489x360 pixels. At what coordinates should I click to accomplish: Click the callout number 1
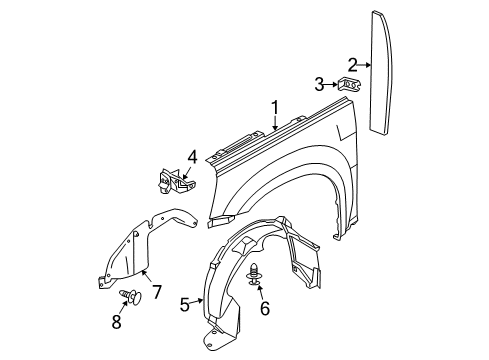click(272, 106)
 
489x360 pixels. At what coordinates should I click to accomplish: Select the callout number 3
click(318, 83)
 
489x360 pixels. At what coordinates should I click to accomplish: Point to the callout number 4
click(191, 157)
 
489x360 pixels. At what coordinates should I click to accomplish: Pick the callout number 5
click(185, 304)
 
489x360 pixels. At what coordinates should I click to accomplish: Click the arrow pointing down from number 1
click(272, 124)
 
